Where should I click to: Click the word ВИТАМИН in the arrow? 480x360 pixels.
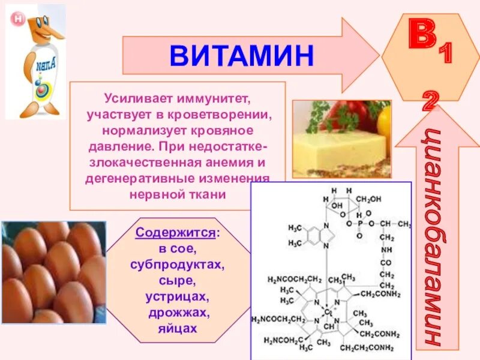[x=241, y=55]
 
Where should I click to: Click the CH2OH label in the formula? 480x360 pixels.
[x=369, y=199]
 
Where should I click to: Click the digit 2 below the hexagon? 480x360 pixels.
[x=428, y=102]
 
